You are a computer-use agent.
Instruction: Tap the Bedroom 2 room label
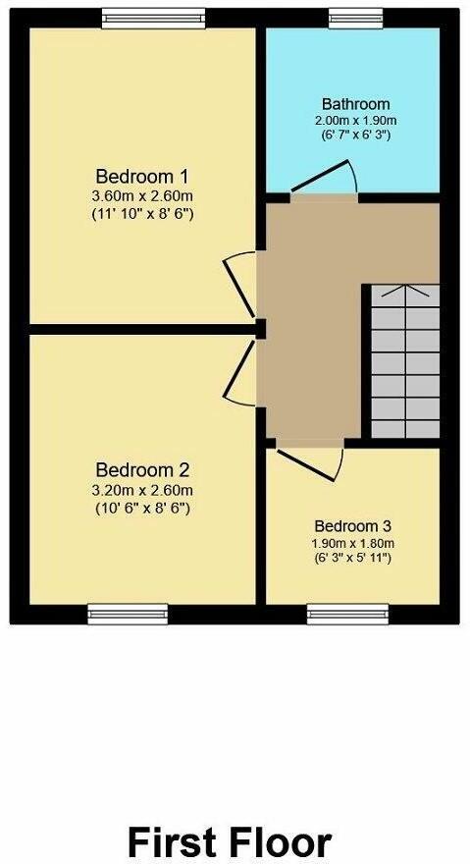(x=142, y=469)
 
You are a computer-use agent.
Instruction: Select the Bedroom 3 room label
(x=352, y=525)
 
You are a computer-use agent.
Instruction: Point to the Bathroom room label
(x=355, y=104)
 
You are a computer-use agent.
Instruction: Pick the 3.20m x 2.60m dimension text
(x=142, y=490)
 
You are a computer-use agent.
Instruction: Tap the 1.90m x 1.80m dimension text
(x=352, y=543)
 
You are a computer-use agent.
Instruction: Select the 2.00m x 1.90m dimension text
(x=355, y=120)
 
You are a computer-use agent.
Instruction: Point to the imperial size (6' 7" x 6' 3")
(x=355, y=135)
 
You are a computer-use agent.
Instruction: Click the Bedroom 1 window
(x=153, y=16)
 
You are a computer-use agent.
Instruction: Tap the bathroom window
(x=355, y=16)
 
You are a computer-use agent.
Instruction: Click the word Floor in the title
(x=279, y=841)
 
